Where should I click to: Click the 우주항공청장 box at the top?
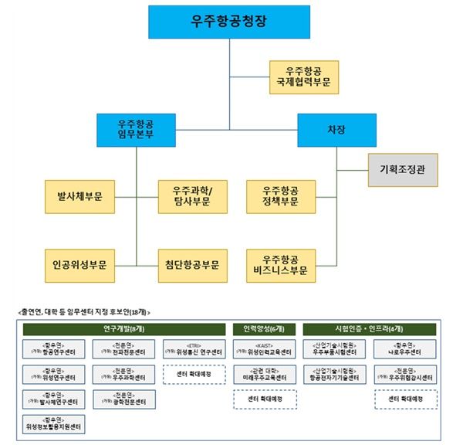(229, 22)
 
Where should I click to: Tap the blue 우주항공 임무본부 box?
(136, 129)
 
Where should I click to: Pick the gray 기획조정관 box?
(401, 168)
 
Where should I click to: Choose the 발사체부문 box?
(79, 197)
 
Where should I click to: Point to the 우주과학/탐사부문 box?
(193, 197)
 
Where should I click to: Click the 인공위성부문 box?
(79, 264)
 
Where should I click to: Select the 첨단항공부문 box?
(193, 264)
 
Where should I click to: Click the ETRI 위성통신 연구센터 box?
(193, 351)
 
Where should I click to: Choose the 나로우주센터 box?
(406, 351)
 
